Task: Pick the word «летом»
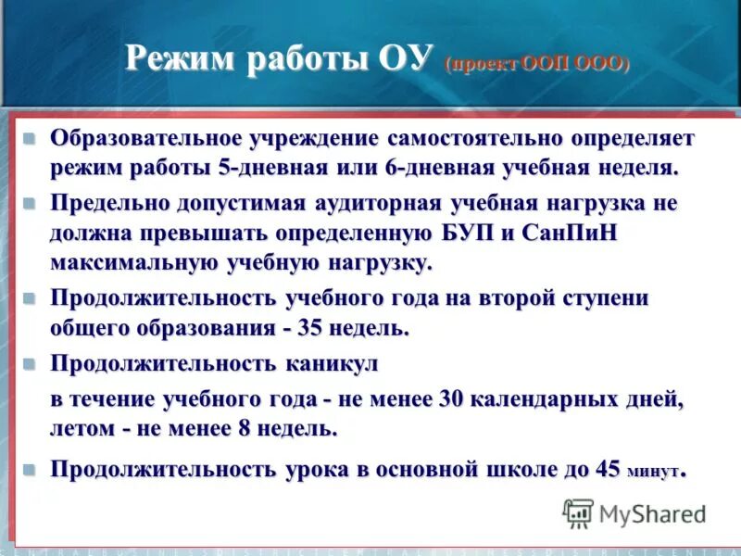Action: click(80, 429)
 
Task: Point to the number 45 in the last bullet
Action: click(608, 468)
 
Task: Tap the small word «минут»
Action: click(653, 472)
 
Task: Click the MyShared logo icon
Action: click(578, 512)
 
